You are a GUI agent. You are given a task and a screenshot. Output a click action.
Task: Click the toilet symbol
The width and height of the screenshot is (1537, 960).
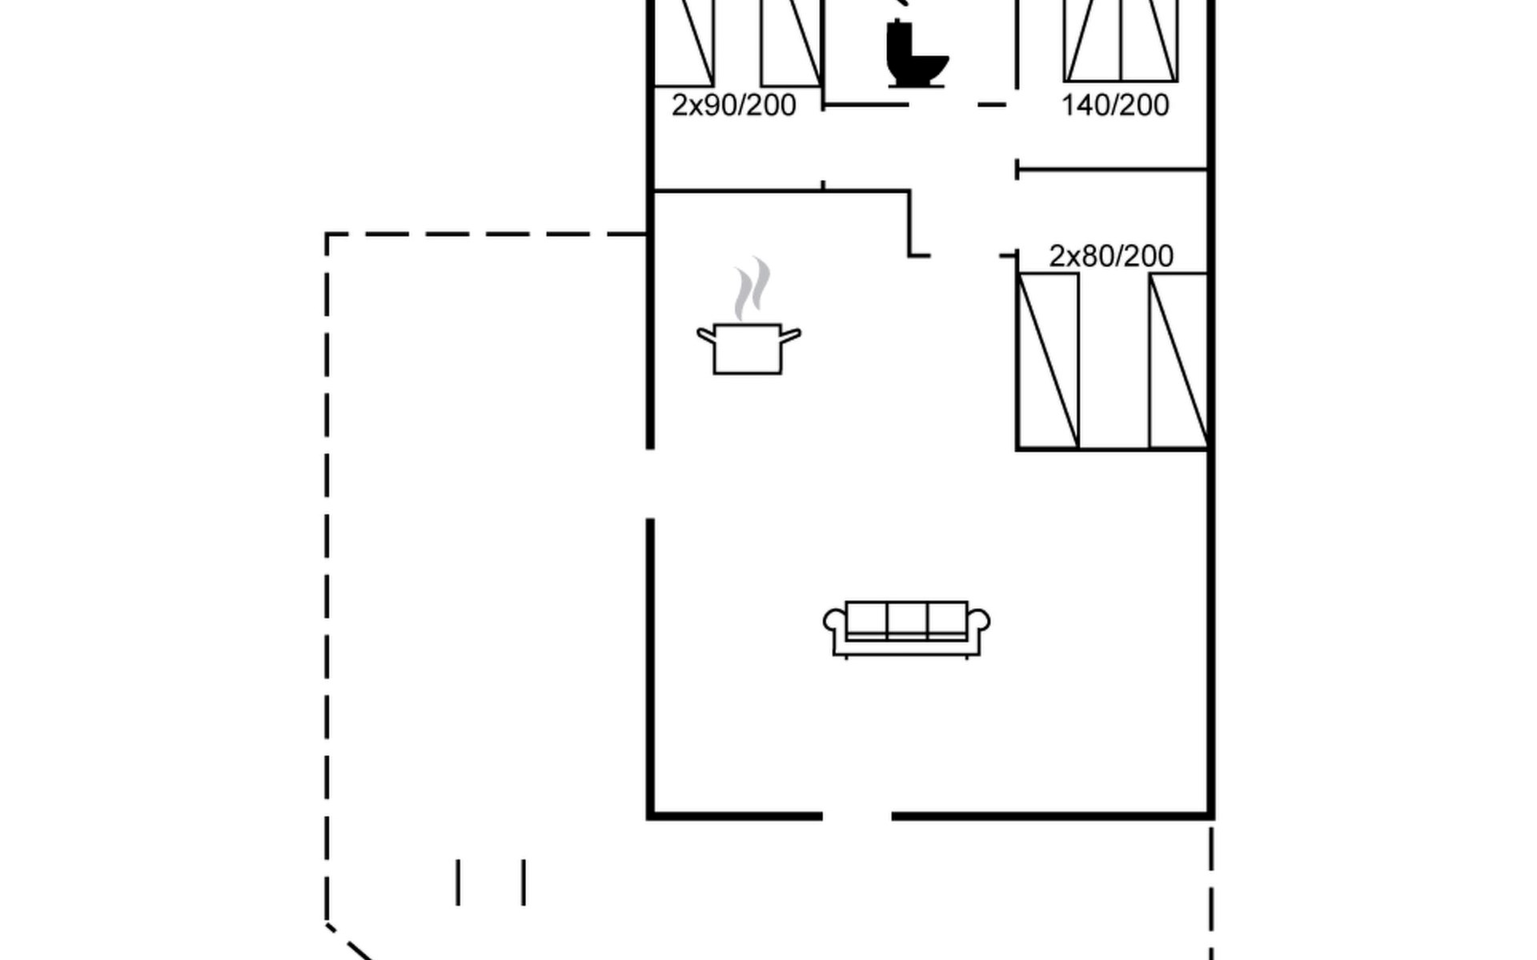917,53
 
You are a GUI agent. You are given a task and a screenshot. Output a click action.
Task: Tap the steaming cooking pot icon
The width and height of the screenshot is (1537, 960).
748,315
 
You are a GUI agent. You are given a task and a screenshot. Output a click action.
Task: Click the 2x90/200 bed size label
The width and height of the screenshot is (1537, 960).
733,106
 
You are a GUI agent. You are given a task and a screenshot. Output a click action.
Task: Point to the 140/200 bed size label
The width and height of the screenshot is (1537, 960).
1115,106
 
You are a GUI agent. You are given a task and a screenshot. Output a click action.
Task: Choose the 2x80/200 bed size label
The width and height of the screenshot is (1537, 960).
1111,256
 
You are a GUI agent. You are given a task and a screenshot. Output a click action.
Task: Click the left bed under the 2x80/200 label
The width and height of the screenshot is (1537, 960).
1048,361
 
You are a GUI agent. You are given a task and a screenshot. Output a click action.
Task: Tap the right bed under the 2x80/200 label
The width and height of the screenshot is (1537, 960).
1178,361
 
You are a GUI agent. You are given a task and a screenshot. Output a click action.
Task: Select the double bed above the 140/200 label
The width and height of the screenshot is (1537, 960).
1121,40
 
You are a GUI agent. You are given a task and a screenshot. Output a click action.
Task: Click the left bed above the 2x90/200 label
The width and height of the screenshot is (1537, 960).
684,42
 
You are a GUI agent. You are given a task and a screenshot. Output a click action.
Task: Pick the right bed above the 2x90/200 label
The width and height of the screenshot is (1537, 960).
791,42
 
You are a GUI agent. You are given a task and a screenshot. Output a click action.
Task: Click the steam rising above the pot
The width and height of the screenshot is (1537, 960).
752,288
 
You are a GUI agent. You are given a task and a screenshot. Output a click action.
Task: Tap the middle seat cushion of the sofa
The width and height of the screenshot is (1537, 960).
907,621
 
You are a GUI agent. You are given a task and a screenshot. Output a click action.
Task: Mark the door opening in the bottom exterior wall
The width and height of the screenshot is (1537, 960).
857,816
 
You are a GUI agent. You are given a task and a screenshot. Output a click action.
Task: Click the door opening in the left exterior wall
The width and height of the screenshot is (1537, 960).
650,484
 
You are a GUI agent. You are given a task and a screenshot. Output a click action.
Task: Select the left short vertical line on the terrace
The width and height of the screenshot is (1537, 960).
458,882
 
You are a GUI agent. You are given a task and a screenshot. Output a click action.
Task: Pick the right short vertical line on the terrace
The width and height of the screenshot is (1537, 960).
524,882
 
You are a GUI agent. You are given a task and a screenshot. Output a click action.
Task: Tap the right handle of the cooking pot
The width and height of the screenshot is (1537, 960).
790,336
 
